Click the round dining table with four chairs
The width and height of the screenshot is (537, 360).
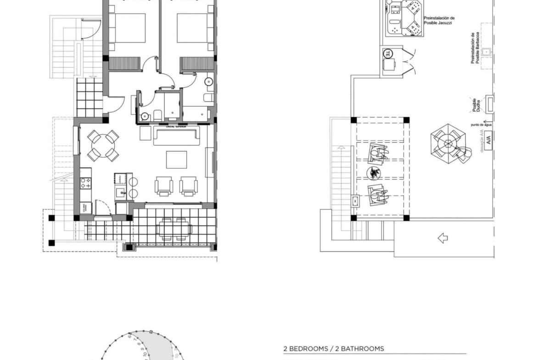103,146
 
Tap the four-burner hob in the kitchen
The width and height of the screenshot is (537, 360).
85,183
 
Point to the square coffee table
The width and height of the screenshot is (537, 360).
177,160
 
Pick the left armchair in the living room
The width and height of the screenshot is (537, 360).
164,186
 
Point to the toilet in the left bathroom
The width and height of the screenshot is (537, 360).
157,114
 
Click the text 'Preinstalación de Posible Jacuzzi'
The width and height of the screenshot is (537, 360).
439,20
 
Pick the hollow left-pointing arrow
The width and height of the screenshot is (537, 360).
442,238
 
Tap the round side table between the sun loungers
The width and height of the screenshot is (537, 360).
375,172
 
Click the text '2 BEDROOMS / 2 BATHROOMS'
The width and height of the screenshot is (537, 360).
334,349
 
